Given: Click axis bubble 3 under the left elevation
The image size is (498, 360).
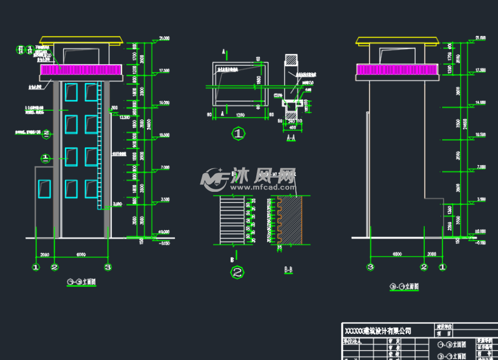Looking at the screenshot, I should pos(107,267).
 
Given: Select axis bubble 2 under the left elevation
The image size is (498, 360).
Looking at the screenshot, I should pos(54,267).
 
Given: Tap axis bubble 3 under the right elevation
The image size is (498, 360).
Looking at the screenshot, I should pos(369,267).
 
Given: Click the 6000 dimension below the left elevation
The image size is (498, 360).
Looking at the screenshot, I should pos(80,254).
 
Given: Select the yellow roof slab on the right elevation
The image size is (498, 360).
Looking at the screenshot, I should pos(397,41).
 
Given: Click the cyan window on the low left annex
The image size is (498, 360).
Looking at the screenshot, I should pos(43,189).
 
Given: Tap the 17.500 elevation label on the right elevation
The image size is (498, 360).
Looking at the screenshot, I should pos(480,70).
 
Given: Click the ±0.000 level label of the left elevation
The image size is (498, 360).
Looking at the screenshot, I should pos(163,232).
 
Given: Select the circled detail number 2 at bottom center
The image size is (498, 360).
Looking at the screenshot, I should pos(239,273).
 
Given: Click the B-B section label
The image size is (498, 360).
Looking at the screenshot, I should pos(289,268).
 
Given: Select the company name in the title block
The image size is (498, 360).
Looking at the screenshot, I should pos(378,331).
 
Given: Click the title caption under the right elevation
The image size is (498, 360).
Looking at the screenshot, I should pos(404,286).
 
